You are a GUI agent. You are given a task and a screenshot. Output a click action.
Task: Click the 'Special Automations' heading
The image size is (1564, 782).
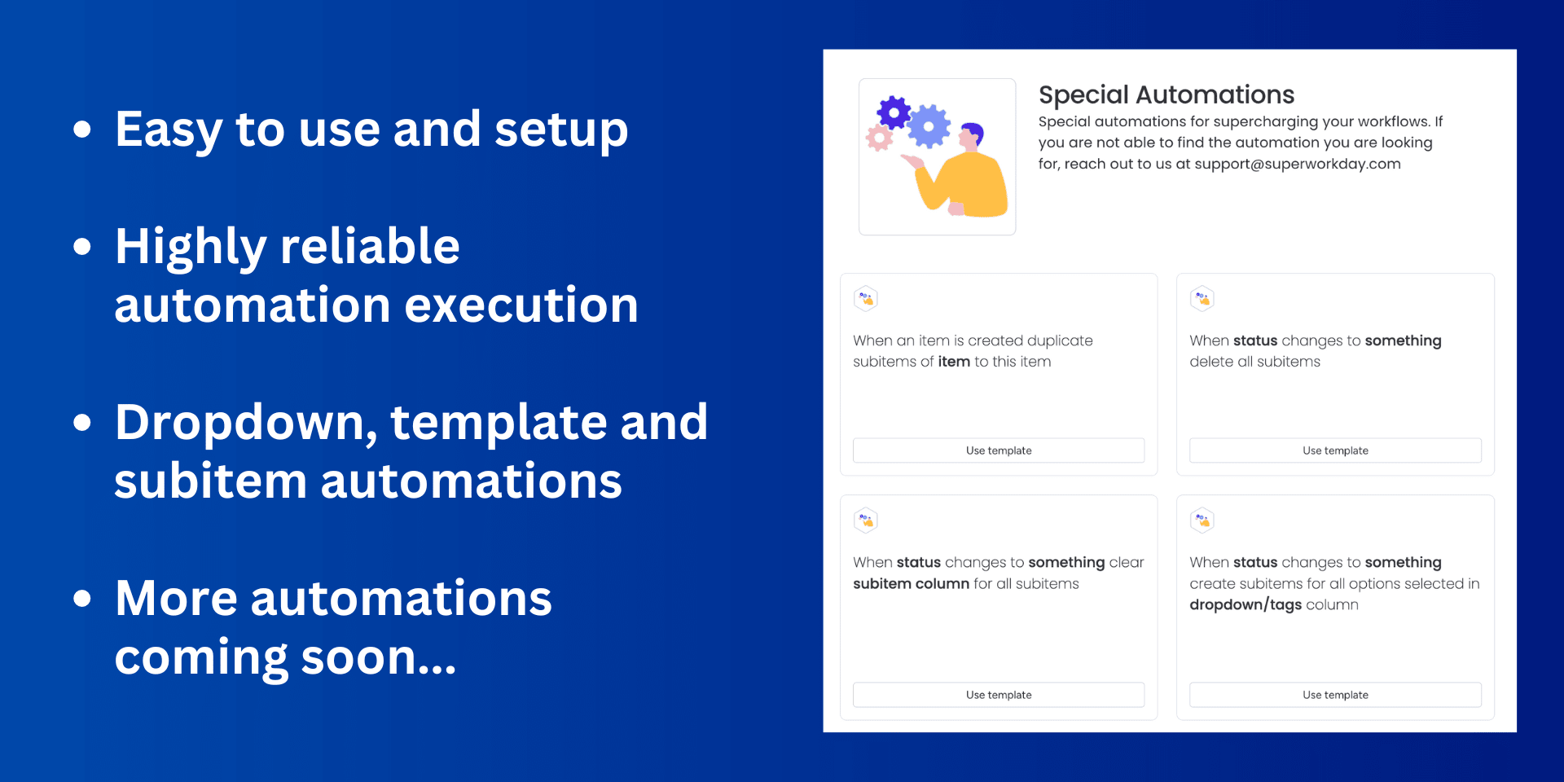coord(1166,94)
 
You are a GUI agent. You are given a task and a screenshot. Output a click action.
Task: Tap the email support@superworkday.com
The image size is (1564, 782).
coord(1298,164)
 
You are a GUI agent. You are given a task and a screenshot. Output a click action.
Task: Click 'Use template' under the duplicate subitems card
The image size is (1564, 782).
coord(999,450)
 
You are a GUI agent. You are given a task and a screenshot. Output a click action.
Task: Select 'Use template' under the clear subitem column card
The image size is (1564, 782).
coord(999,695)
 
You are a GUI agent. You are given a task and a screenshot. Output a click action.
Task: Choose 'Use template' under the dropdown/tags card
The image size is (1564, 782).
coord(1335,695)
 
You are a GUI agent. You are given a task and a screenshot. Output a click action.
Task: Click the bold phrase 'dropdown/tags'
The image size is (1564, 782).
coord(1245,604)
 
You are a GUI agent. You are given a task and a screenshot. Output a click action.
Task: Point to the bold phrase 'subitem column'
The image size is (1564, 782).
coord(911,583)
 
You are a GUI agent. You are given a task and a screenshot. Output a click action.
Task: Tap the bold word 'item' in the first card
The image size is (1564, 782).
coord(954,362)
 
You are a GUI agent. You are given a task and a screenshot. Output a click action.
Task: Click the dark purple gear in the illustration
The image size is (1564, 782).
coord(894,112)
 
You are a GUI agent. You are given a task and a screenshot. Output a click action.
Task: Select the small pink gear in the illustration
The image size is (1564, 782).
coord(879,138)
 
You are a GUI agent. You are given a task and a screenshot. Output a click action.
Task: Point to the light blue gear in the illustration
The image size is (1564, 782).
coord(929,126)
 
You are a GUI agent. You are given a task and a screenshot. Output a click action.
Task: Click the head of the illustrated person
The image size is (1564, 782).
coord(971,136)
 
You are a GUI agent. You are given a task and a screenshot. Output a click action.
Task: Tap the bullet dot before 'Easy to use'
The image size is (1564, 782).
coord(81,129)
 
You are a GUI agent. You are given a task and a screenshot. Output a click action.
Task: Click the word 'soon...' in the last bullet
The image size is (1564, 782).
coord(378,657)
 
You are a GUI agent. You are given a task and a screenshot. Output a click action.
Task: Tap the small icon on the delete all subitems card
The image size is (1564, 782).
coord(1202,299)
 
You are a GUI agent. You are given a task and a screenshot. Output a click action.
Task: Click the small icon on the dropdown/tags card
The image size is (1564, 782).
coord(1202,520)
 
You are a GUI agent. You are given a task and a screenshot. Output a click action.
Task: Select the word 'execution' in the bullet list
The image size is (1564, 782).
coord(521,305)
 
